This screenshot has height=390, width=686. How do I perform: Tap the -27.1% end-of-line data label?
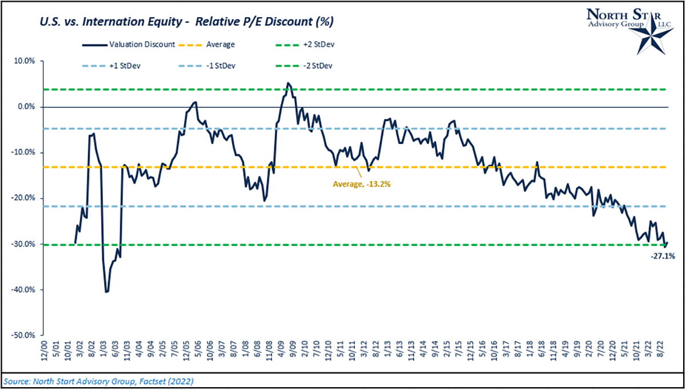[660, 256]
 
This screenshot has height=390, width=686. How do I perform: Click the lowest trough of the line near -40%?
[106, 292]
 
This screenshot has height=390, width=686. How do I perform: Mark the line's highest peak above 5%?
[288, 83]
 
